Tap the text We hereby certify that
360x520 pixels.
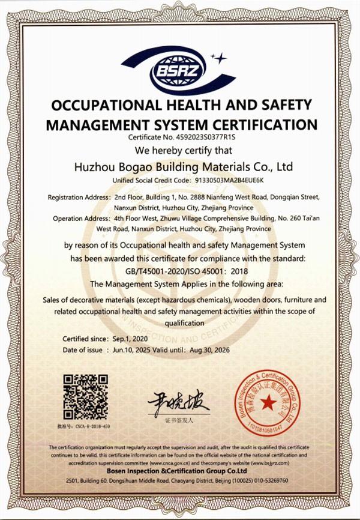coord(180,150)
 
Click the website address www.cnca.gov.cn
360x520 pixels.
coord(173,464)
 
